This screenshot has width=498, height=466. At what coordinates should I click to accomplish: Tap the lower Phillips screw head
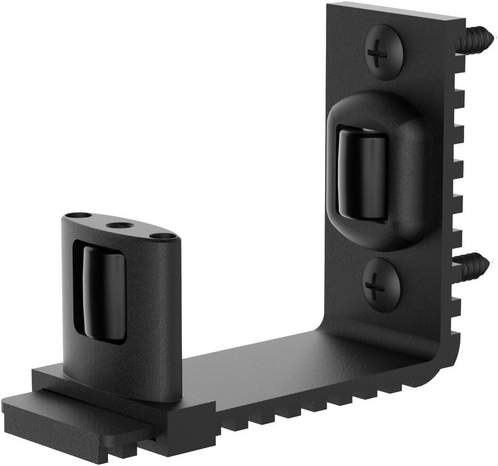[381, 285]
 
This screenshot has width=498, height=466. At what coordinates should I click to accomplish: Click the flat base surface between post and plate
[259, 363]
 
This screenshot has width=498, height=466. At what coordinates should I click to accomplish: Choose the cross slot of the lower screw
[375, 286]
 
